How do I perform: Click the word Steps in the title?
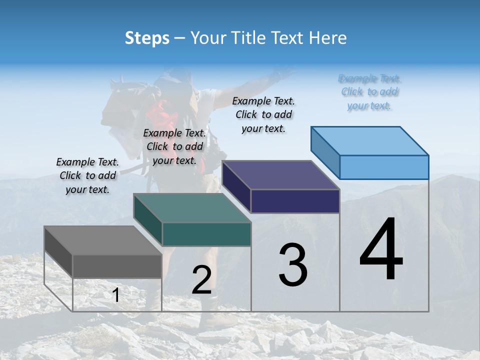147,38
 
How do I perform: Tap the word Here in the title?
328,38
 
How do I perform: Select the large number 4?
381,250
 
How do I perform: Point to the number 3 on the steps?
293,265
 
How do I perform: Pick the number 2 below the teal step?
201,280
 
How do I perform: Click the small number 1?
116,295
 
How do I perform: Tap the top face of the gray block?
102,240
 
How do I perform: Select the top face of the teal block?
192,208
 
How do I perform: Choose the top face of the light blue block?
370,140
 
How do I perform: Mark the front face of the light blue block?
384,167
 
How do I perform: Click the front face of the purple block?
295,201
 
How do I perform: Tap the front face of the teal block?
206,234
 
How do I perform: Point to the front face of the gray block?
117,266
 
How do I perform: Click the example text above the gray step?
87,175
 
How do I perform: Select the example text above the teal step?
174,146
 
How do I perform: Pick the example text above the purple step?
263,114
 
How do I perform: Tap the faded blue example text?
369,92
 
